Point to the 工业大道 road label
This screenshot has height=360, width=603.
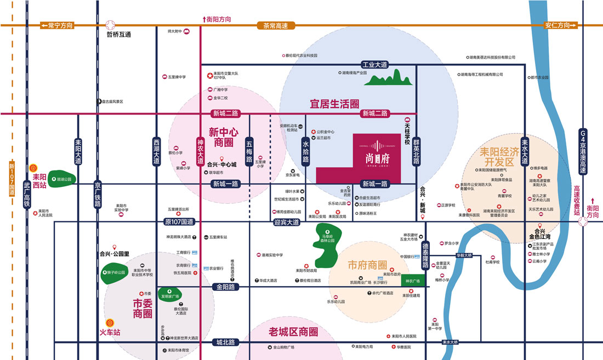[x=374, y=65]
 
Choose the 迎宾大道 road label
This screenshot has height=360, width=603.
[x=286, y=222]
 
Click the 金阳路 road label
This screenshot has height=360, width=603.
[x=225, y=287]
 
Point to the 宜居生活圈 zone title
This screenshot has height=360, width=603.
[x=334, y=104]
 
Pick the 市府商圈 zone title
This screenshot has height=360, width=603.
[x=367, y=266]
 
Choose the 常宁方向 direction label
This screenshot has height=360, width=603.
[x=57, y=25]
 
